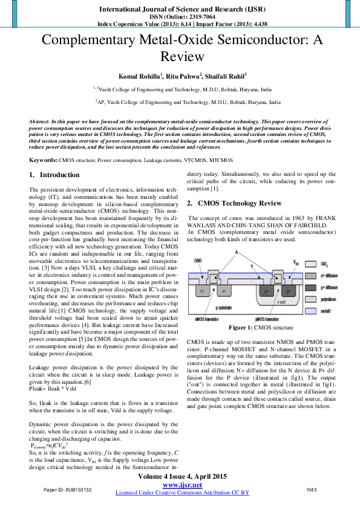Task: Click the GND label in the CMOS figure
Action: point(198,261)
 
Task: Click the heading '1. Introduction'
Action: point(54,175)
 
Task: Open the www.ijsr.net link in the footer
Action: point(182,485)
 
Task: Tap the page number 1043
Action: point(312,489)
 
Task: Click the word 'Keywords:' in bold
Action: point(43,160)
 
